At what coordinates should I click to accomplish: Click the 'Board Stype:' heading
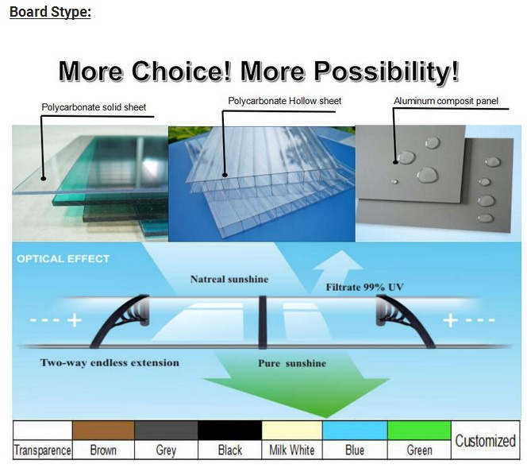(x=50, y=12)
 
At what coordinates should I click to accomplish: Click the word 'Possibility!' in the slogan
(x=387, y=72)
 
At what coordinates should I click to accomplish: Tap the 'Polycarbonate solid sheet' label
(x=94, y=107)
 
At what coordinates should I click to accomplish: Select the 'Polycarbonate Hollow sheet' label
(x=285, y=101)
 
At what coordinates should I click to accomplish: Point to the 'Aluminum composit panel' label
(x=446, y=101)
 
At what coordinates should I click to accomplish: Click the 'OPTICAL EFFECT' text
(x=63, y=259)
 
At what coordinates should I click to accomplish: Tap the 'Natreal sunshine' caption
(x=229, y=279)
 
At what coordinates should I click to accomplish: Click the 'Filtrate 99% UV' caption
(x=364, y=288)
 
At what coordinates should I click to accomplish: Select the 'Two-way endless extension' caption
(x=110, y=362)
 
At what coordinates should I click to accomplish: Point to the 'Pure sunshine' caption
(x=292, y=363)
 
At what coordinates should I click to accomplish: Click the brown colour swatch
(x=103, y=431)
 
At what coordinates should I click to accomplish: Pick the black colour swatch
(x=230, y=431)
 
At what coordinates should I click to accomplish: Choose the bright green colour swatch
(x=419, y=431)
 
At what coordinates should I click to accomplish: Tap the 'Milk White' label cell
(x=292, y=450)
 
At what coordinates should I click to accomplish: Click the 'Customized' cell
(x=485, y=440)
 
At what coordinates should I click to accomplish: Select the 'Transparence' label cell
(x=43, y=450)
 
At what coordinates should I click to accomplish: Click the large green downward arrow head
(x=296, y=397)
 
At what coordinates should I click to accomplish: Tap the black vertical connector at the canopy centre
(x=262, y=322)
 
